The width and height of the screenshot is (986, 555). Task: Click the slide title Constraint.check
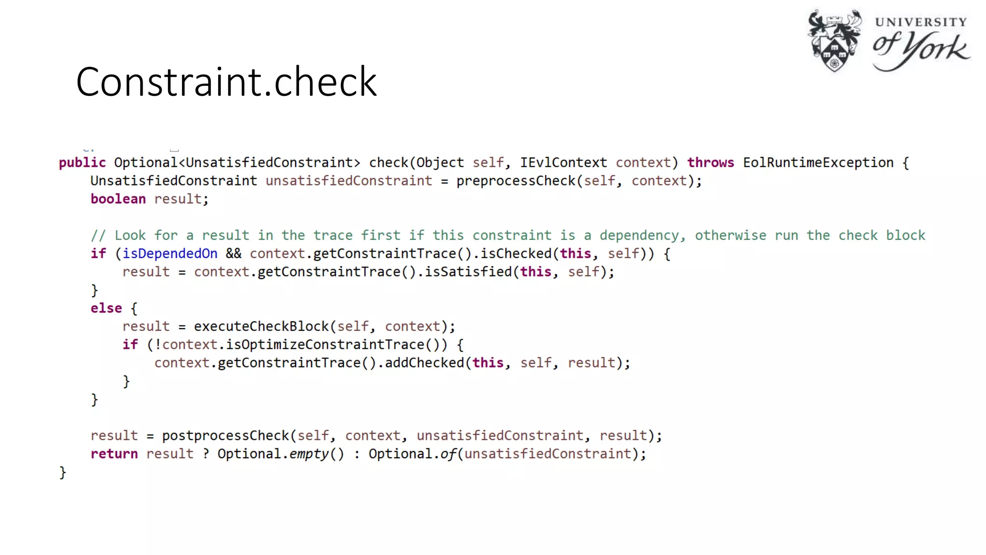(226, 82)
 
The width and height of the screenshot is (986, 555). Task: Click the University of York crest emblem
(834, 40)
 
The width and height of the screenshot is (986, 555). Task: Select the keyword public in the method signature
(82, 163)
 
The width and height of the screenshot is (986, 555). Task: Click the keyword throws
(710, 163)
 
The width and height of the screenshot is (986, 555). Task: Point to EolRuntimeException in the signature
(818, 163)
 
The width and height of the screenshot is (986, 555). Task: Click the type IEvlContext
(563, 163)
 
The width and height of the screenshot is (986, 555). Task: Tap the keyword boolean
(118, 199)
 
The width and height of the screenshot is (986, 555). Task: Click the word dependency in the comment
(639, 236)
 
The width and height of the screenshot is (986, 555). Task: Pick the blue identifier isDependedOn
(170, 254)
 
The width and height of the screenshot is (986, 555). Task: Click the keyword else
(106, 308)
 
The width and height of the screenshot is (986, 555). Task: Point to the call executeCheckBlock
(261, 327)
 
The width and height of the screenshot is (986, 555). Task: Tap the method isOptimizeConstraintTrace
(325, 345)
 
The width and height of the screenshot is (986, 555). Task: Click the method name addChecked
(424, 363)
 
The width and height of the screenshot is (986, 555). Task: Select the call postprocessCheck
(225, 436)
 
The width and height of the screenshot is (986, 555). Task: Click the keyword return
(114, 454)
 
